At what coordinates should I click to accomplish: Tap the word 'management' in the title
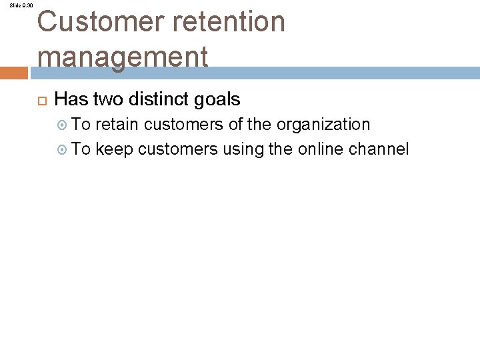[x=123, y=56]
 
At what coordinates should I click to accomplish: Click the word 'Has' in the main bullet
[x=71, y=100]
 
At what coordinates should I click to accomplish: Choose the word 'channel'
[x=379, y=149]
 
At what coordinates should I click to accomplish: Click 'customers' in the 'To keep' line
[x=178, y=149]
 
